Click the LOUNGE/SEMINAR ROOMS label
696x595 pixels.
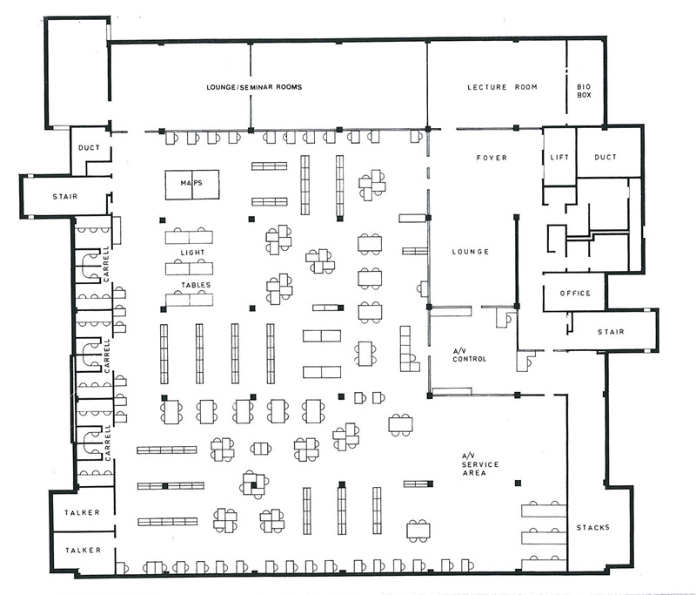point(254,87)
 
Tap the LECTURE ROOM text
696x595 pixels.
point(502,87)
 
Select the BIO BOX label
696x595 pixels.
point(584,91)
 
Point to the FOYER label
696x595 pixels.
point(492,158)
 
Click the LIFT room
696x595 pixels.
point(559,157)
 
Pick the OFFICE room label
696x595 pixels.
point(575,294)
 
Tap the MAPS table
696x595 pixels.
point(191,185)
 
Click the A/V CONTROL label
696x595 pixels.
point(469,355)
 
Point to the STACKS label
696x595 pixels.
point(592,527)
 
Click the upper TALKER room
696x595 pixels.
point(83,511)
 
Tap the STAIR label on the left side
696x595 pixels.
point(64,196)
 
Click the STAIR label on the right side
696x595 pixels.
point(611,332)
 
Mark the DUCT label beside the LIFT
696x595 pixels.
point(606,157)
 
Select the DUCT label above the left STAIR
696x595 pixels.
point(89,147)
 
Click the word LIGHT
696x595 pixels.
point(192,253)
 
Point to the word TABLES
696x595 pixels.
point(196,285)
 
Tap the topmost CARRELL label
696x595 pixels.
point(106,264)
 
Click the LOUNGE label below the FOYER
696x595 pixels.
point(471,252)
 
